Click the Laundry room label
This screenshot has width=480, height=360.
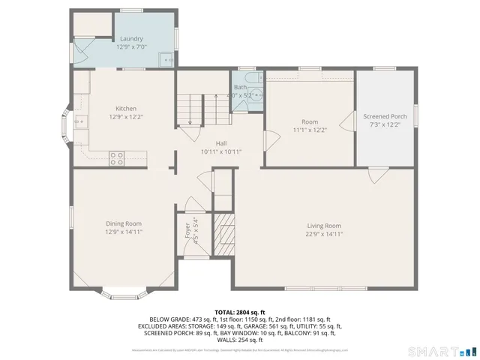pyautogui.click(x=131, y=39)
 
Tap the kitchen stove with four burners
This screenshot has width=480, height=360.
pyautogui.click(x=117, y=157)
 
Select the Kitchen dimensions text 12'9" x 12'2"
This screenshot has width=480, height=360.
pyautogui.click(x=125, y=116)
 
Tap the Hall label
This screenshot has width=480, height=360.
pyautogui.click(x=221, y=143)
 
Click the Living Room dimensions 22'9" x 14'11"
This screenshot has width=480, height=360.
pyautogui.click(x=324, y=233)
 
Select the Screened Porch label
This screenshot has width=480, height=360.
pyautogui.click(x=385, y=116)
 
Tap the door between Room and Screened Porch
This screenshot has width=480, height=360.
pyautogui.click(x=347, y=121)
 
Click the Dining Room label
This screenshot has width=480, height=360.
pyautogui.click(x=124, y=223)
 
